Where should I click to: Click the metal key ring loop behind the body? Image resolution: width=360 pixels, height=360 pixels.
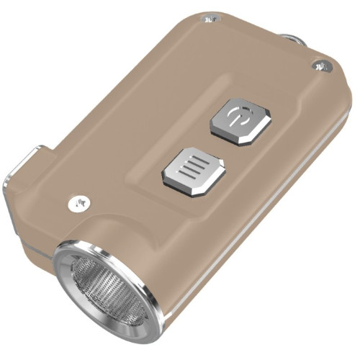(x=292, y=39)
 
